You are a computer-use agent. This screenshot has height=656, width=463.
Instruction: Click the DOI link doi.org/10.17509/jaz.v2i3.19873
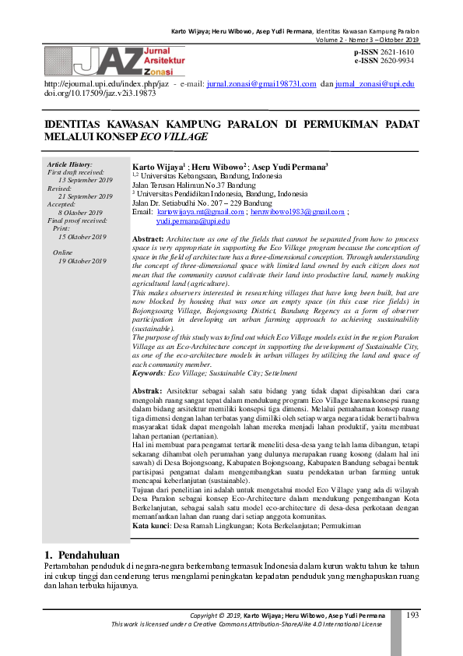89,93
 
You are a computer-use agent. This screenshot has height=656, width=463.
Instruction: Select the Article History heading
70,164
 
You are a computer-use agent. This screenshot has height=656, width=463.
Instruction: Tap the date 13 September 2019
82,180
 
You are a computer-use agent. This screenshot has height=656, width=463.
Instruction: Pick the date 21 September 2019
82,196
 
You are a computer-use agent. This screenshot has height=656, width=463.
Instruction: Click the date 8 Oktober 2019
81,212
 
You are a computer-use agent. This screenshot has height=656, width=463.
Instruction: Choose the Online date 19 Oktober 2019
82,261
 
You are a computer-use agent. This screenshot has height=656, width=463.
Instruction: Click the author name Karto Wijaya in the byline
157,167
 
